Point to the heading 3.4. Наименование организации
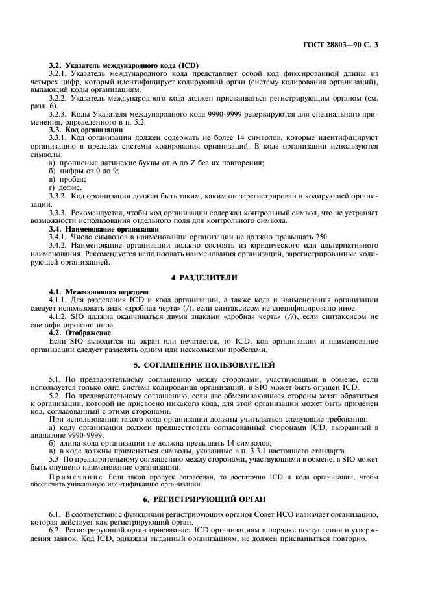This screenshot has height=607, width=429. (x=104, y=229)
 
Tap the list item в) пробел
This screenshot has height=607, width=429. (x=67, y=178)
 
